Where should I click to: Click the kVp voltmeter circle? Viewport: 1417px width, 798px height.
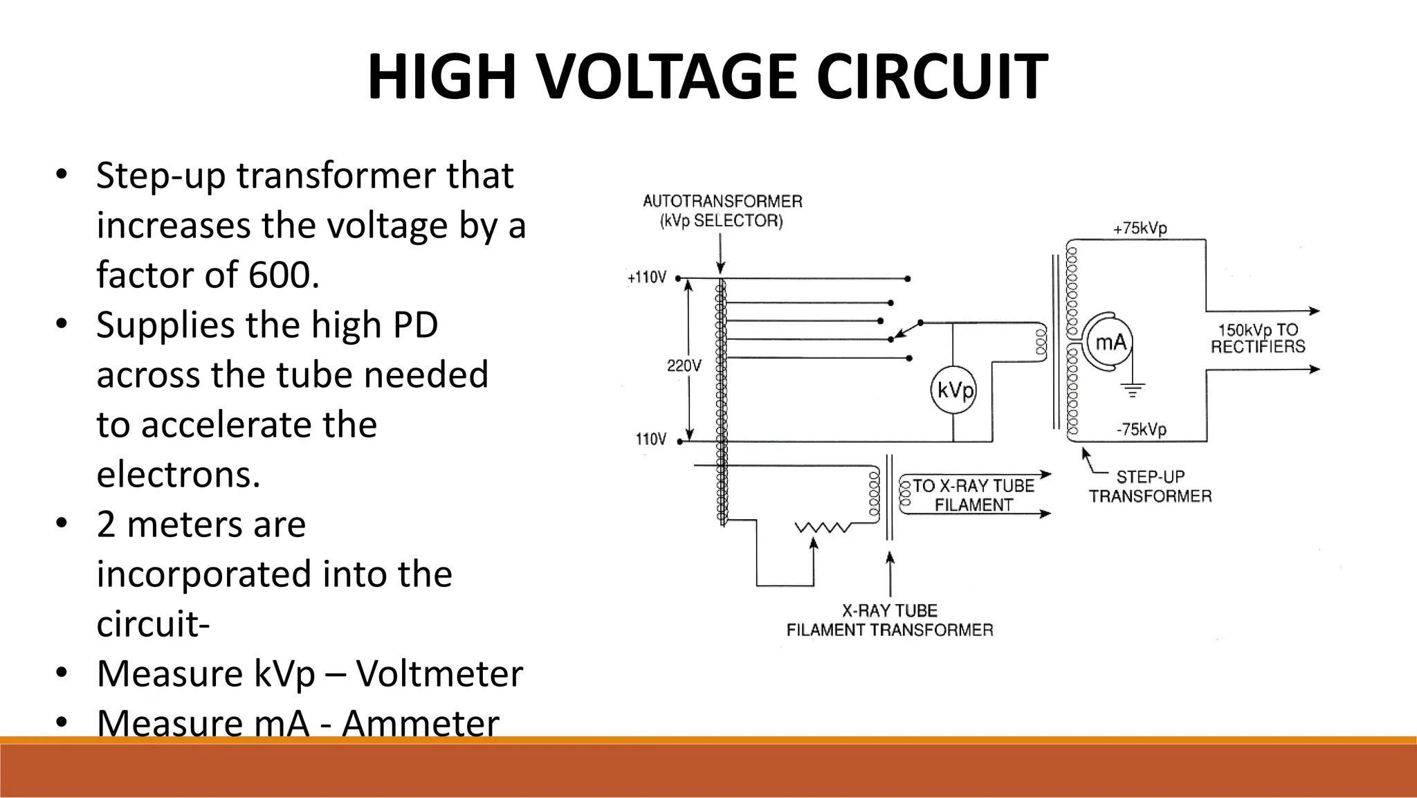[x=953, y=390]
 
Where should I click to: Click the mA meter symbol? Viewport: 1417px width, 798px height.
[x=1110, y=342]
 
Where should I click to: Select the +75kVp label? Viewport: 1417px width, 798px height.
[x=1140, y=228]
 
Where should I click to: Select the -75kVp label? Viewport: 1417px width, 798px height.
[x=1141, y=429]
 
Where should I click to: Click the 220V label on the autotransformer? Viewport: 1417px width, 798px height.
[x=684, y=365]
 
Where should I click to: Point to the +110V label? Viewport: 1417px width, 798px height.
[x=647, y=278]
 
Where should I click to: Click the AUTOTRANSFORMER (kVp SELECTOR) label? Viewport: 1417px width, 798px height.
[x=722, y=211]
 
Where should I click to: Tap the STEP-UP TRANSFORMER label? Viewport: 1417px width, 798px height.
[x=1150, y=486]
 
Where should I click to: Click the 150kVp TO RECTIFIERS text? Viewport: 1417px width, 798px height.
[x=1258, y=338]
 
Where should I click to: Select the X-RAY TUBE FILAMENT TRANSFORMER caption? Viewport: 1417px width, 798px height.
[x=890, y=620]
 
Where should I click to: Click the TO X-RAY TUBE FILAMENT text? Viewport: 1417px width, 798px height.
[x=973, y=495]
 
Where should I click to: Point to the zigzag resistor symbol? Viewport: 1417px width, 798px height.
[x=823, y=528]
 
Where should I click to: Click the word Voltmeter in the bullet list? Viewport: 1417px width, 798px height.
[x=439, y=673]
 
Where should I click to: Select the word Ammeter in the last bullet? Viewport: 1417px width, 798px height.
[x=420, y=723]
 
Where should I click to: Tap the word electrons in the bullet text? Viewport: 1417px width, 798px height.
[x=179, y=474]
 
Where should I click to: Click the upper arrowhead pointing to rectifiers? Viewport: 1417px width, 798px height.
[x=1314, y=311]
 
